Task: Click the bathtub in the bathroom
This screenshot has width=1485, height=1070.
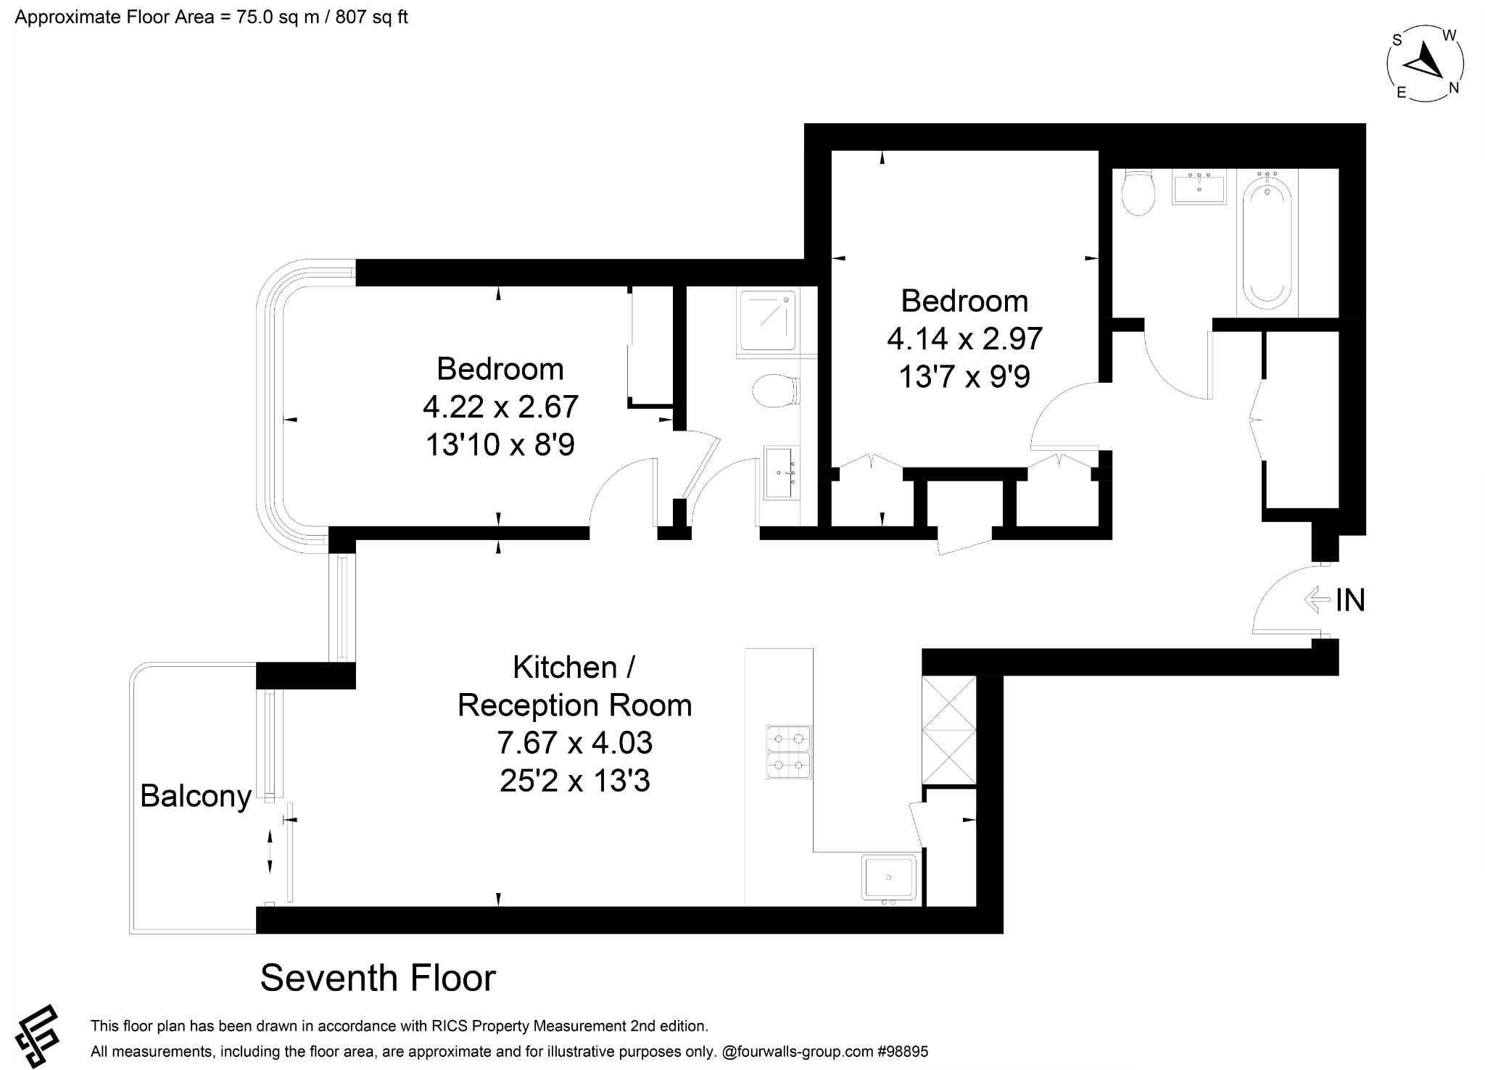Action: (x=1267, y=242)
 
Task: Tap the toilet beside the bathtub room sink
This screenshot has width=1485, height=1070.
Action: (x=1137, y=192)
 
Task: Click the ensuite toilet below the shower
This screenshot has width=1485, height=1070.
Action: (x=774, y=391)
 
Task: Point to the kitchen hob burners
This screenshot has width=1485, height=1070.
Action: (x=789, y=752)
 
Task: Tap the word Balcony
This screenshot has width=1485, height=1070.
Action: (x=196, y=796)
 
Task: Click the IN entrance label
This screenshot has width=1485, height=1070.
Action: (x=1350, y=600)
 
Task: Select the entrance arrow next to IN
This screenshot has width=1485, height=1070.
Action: (x=1318, y=600)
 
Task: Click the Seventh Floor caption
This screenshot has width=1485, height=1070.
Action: (x=378, y=978)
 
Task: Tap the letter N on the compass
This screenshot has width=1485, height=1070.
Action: (x=1453, y=88)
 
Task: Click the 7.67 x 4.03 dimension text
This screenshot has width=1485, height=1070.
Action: (x=574, y=743)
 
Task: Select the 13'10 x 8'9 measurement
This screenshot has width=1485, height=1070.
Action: (x=500, y=444)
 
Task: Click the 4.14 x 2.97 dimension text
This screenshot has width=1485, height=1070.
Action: (x=965, y=339)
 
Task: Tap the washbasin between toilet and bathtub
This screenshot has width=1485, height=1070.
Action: (x=1199, y=188)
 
